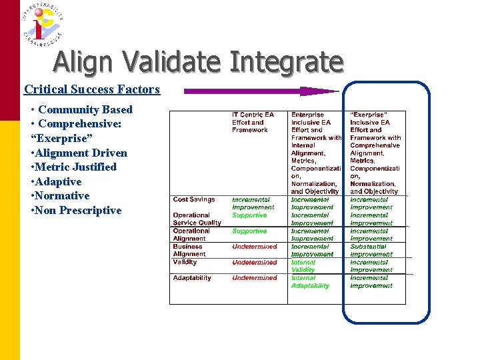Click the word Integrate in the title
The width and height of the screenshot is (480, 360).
(x=286, y=63)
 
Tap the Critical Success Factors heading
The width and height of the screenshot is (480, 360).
(x=92, y=89)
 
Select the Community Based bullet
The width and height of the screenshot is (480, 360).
(x=85, y=109)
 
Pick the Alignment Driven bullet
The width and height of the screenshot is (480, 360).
(x=81, y=153)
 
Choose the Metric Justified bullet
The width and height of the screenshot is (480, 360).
(x=76, y=167)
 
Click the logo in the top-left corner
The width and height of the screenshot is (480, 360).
(x=41, y=23)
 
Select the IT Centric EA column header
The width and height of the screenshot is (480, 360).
(x=253, y=122)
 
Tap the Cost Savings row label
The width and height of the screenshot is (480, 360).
(x=194, y=199)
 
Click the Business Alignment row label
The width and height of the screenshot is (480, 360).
(x=189, y=250)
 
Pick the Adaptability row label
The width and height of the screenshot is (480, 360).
(x=192, y=278)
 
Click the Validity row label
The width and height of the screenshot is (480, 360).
(x=185, y=262)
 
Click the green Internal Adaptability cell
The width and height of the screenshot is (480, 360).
(x=310, y=282)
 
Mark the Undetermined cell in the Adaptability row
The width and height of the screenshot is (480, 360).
(x=255, y=278)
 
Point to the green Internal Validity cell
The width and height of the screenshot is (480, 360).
(x=303, y=266)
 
